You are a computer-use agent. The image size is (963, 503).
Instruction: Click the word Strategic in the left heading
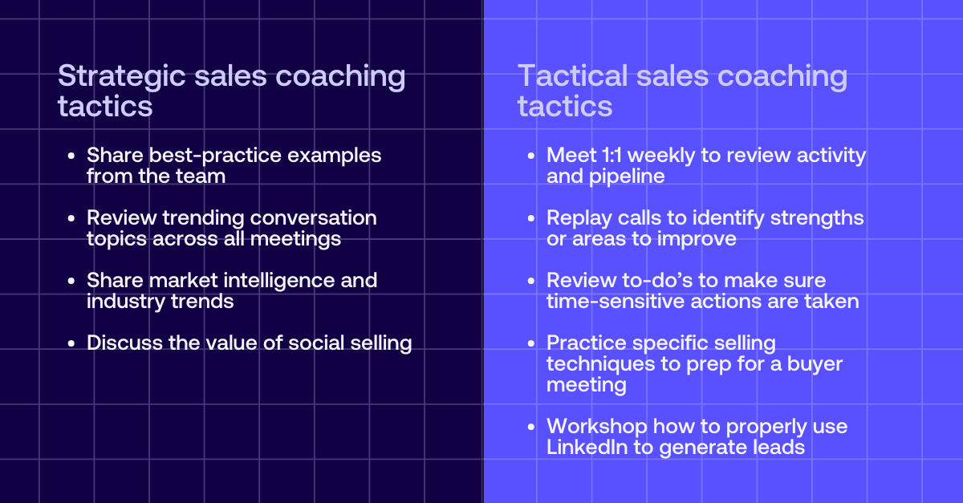coord(122,77)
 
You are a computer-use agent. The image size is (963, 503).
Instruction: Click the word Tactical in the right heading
coord(573,76)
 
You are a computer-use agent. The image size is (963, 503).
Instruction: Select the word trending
coord(201,218)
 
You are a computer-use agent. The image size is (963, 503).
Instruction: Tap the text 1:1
coord(612,155)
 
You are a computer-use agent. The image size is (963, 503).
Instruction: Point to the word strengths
coord(817,218)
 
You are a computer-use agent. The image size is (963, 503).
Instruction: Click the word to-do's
coord(657,281)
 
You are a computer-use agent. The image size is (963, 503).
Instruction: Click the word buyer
coord(815,364)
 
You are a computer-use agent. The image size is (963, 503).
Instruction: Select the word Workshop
coord(597,427)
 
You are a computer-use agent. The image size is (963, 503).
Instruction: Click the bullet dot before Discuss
coord(71,343)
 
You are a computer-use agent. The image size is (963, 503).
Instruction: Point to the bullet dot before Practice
coord(531,343)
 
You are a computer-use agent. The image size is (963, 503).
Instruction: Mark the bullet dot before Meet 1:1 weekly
coord(531,156)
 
